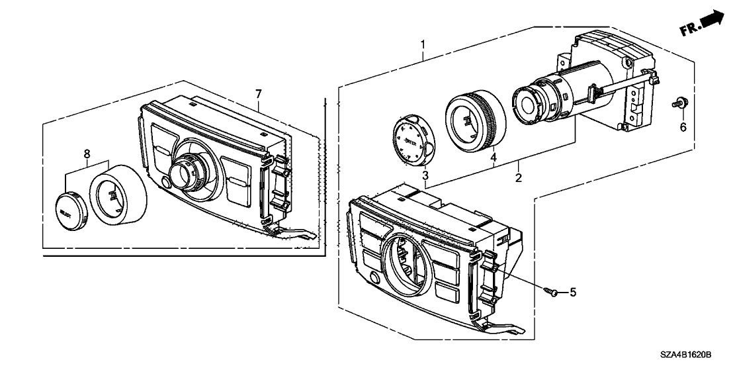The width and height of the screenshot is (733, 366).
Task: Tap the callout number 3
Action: click(425, 175)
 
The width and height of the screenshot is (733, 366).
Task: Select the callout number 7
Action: click(257, 93)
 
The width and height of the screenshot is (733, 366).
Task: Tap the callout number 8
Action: click(87, 154)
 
